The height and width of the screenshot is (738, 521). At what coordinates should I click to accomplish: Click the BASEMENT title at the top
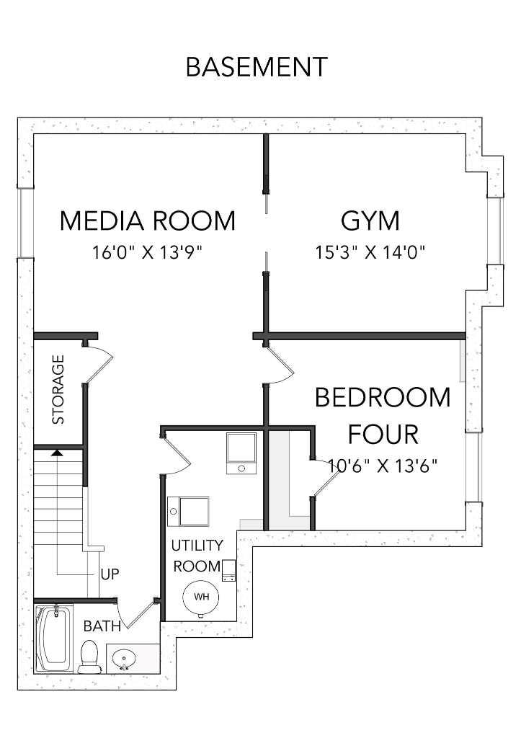[x=257, y=67]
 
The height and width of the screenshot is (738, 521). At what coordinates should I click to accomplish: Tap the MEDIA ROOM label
[x=147, y=221]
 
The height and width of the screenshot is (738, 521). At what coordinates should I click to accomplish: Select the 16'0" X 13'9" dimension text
[x=147, y=253]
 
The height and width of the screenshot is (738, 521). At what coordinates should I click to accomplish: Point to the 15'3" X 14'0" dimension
[x=370, y=253]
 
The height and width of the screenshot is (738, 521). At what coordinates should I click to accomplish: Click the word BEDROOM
[x=383, y=398]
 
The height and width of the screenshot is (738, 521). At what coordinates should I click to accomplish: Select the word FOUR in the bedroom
[x=383, y=435]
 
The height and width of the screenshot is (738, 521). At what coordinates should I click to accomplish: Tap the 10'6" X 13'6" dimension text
[x=383, y=466]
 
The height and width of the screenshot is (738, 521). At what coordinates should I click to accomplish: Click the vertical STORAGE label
[x=58, y=388]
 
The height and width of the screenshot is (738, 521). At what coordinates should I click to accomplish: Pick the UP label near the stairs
[x=110, y=574]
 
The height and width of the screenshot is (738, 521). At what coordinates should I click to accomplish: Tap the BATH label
[x=102, y=626]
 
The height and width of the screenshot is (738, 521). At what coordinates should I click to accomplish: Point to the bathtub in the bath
[x=53, y=639]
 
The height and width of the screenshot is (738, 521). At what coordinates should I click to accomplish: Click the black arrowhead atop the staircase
[x=55, y=453]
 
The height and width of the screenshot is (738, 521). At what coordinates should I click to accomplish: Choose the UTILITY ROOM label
[x=196, y=556]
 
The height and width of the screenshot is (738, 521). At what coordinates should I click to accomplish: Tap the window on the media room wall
[x=26, y=222]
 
